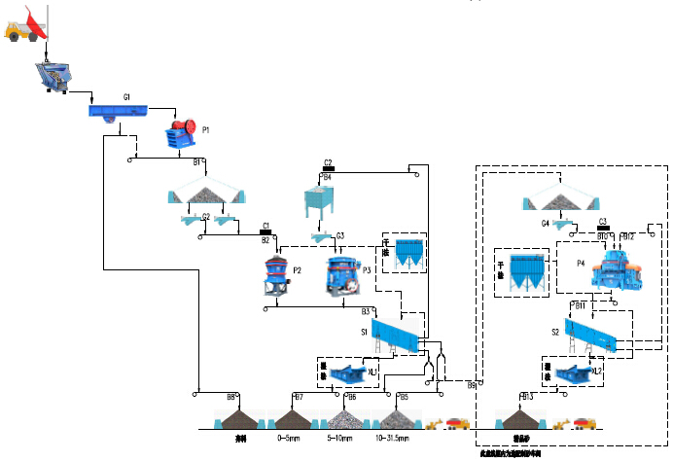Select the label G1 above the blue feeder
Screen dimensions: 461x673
(x=126, y=98)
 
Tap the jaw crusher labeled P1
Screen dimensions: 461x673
(x=178, y=135)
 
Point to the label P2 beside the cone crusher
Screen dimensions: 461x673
(x=298, y=269)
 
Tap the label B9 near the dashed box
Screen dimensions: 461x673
(x=471, y=386)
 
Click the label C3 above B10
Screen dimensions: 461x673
(x=603, y=221)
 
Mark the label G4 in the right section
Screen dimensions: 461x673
(x=546, y=224)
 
